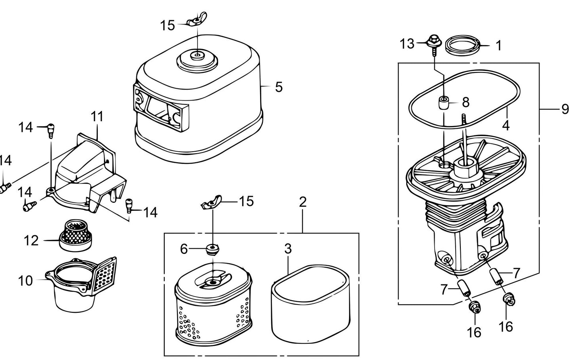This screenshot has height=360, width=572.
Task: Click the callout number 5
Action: click(279, 87)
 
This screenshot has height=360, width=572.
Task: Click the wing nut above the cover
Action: click(195, 22)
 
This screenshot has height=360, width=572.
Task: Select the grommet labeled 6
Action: click(213, 250)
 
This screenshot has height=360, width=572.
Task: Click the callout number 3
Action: click(288, 249)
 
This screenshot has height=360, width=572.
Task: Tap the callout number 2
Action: click(302, 202)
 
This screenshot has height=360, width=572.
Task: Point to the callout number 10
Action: click(25, 281)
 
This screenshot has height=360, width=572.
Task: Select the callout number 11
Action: click(97, 116)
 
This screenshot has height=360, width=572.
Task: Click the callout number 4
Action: click(505, 126)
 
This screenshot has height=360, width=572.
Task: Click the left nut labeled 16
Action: click(473, 306)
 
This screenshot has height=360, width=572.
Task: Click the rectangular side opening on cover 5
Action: click(158, 107)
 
